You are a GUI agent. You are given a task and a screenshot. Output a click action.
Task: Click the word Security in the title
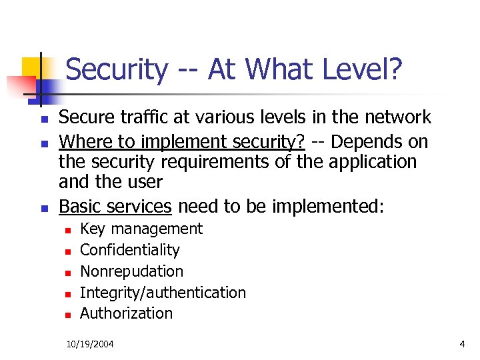click(117, 69)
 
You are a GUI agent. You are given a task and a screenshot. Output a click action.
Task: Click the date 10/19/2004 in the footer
click(90, 344)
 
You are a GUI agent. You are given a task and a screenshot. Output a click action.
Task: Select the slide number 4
click(462, 344)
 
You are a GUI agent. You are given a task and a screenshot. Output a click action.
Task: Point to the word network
click(397, 118)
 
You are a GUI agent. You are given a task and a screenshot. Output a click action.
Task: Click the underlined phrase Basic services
click(115, 206)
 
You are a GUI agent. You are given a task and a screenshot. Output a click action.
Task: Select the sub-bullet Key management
click(141, 229)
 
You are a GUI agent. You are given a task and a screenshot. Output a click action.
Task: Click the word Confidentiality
click(130, 250)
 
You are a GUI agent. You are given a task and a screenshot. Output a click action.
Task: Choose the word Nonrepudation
click(131, 271)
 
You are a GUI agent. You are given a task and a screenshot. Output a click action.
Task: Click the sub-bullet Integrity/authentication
click(163, 292)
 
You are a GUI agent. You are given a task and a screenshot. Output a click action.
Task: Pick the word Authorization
click(126, 313)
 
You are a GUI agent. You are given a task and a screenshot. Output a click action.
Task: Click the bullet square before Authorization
click(67, 315)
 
